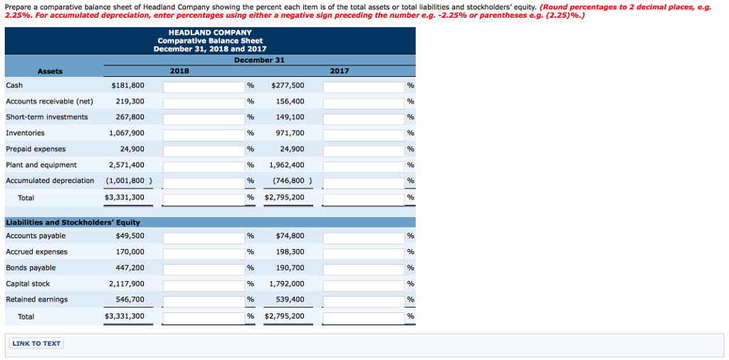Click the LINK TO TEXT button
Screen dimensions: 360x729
tap(36, 344)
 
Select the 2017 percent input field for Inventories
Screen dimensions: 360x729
tap(364, 134)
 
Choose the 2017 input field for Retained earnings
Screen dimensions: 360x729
tap(364, 300)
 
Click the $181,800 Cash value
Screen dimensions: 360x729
tap(128, 85)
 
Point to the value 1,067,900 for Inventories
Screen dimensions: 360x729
tap(127, 133)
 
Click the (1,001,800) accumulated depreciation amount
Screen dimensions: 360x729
tap(128, 181)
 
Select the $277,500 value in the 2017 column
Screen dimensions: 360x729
tap(288, 85)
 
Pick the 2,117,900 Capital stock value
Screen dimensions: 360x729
tap(127, 284)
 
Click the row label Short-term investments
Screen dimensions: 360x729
tap(47, 117)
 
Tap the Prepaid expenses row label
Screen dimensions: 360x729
tap(36, 149)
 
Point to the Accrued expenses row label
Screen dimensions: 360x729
tap(37, 252)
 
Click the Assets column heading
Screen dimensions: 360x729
tap(50, 71)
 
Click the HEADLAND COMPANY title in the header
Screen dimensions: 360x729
tap(210, 33)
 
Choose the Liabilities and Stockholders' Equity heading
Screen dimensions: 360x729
tap(73, 223)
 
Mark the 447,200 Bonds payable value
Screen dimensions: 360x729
tap(130, 268)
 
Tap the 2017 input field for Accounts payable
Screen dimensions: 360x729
tap(364, 236)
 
